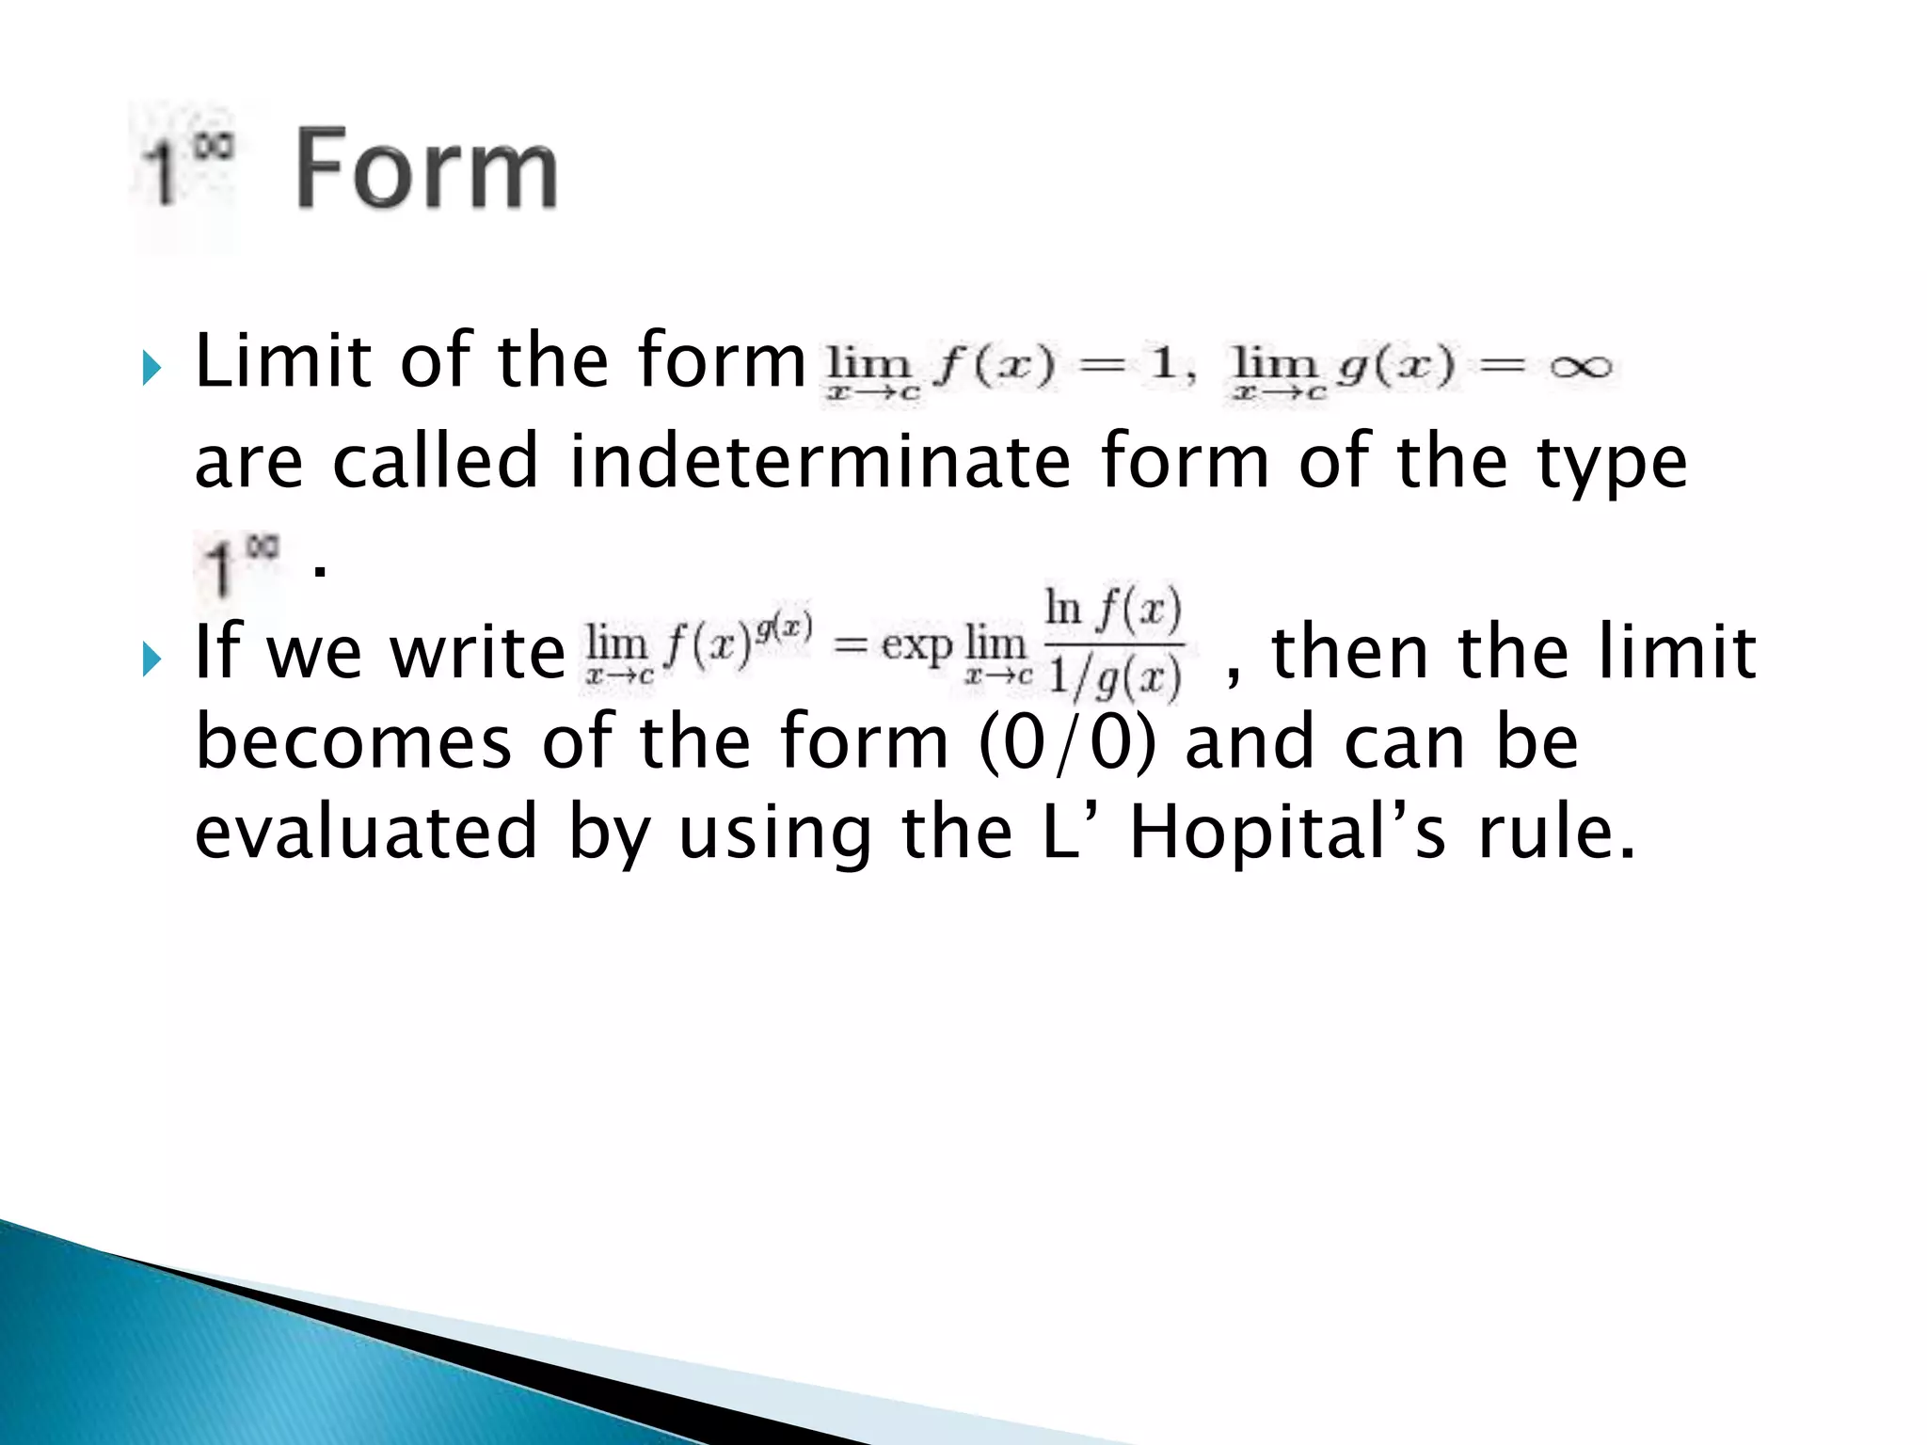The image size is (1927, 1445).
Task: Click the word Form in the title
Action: pos(427,171)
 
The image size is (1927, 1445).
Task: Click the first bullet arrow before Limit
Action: pos(152,367)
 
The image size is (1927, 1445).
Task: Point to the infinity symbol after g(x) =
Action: pos(1581,367)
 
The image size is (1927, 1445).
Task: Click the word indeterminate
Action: pos(820,461)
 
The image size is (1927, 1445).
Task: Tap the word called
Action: pos(435,461)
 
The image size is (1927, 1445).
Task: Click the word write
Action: pos(477,652)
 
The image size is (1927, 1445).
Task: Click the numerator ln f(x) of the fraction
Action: pos(1113,610)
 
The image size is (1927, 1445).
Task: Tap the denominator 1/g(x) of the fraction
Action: pos(1114,677)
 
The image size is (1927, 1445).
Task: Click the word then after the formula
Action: pos(1351,652)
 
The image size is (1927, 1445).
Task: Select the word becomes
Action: pos(353,741)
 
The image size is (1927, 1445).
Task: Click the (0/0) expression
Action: pos(1067,741)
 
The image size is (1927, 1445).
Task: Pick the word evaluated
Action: pos(365,834)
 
